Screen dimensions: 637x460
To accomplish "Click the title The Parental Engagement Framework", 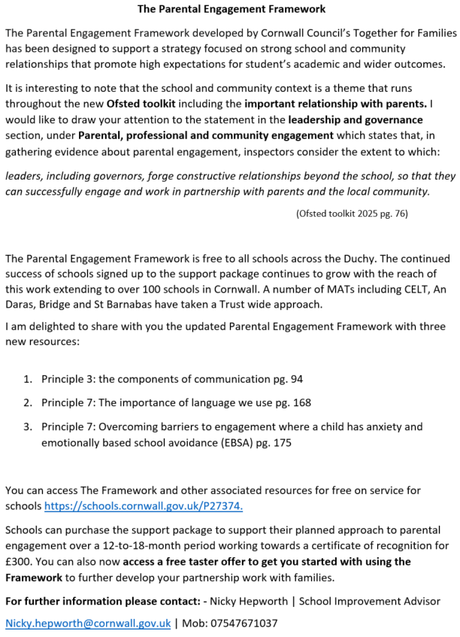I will pyautogui.click(x=231, y=9).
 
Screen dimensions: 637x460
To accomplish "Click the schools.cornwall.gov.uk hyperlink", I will pyautogui.click(x=144, y=506).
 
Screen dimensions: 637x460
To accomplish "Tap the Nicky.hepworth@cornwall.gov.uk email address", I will pyautogui.click(x=88, y=623).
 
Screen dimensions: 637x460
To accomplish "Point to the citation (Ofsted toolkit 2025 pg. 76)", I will pyautogui.click(x=353, y=214).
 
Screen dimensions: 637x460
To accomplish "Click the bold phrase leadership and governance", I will pyautogui.click(x=362, y=120).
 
